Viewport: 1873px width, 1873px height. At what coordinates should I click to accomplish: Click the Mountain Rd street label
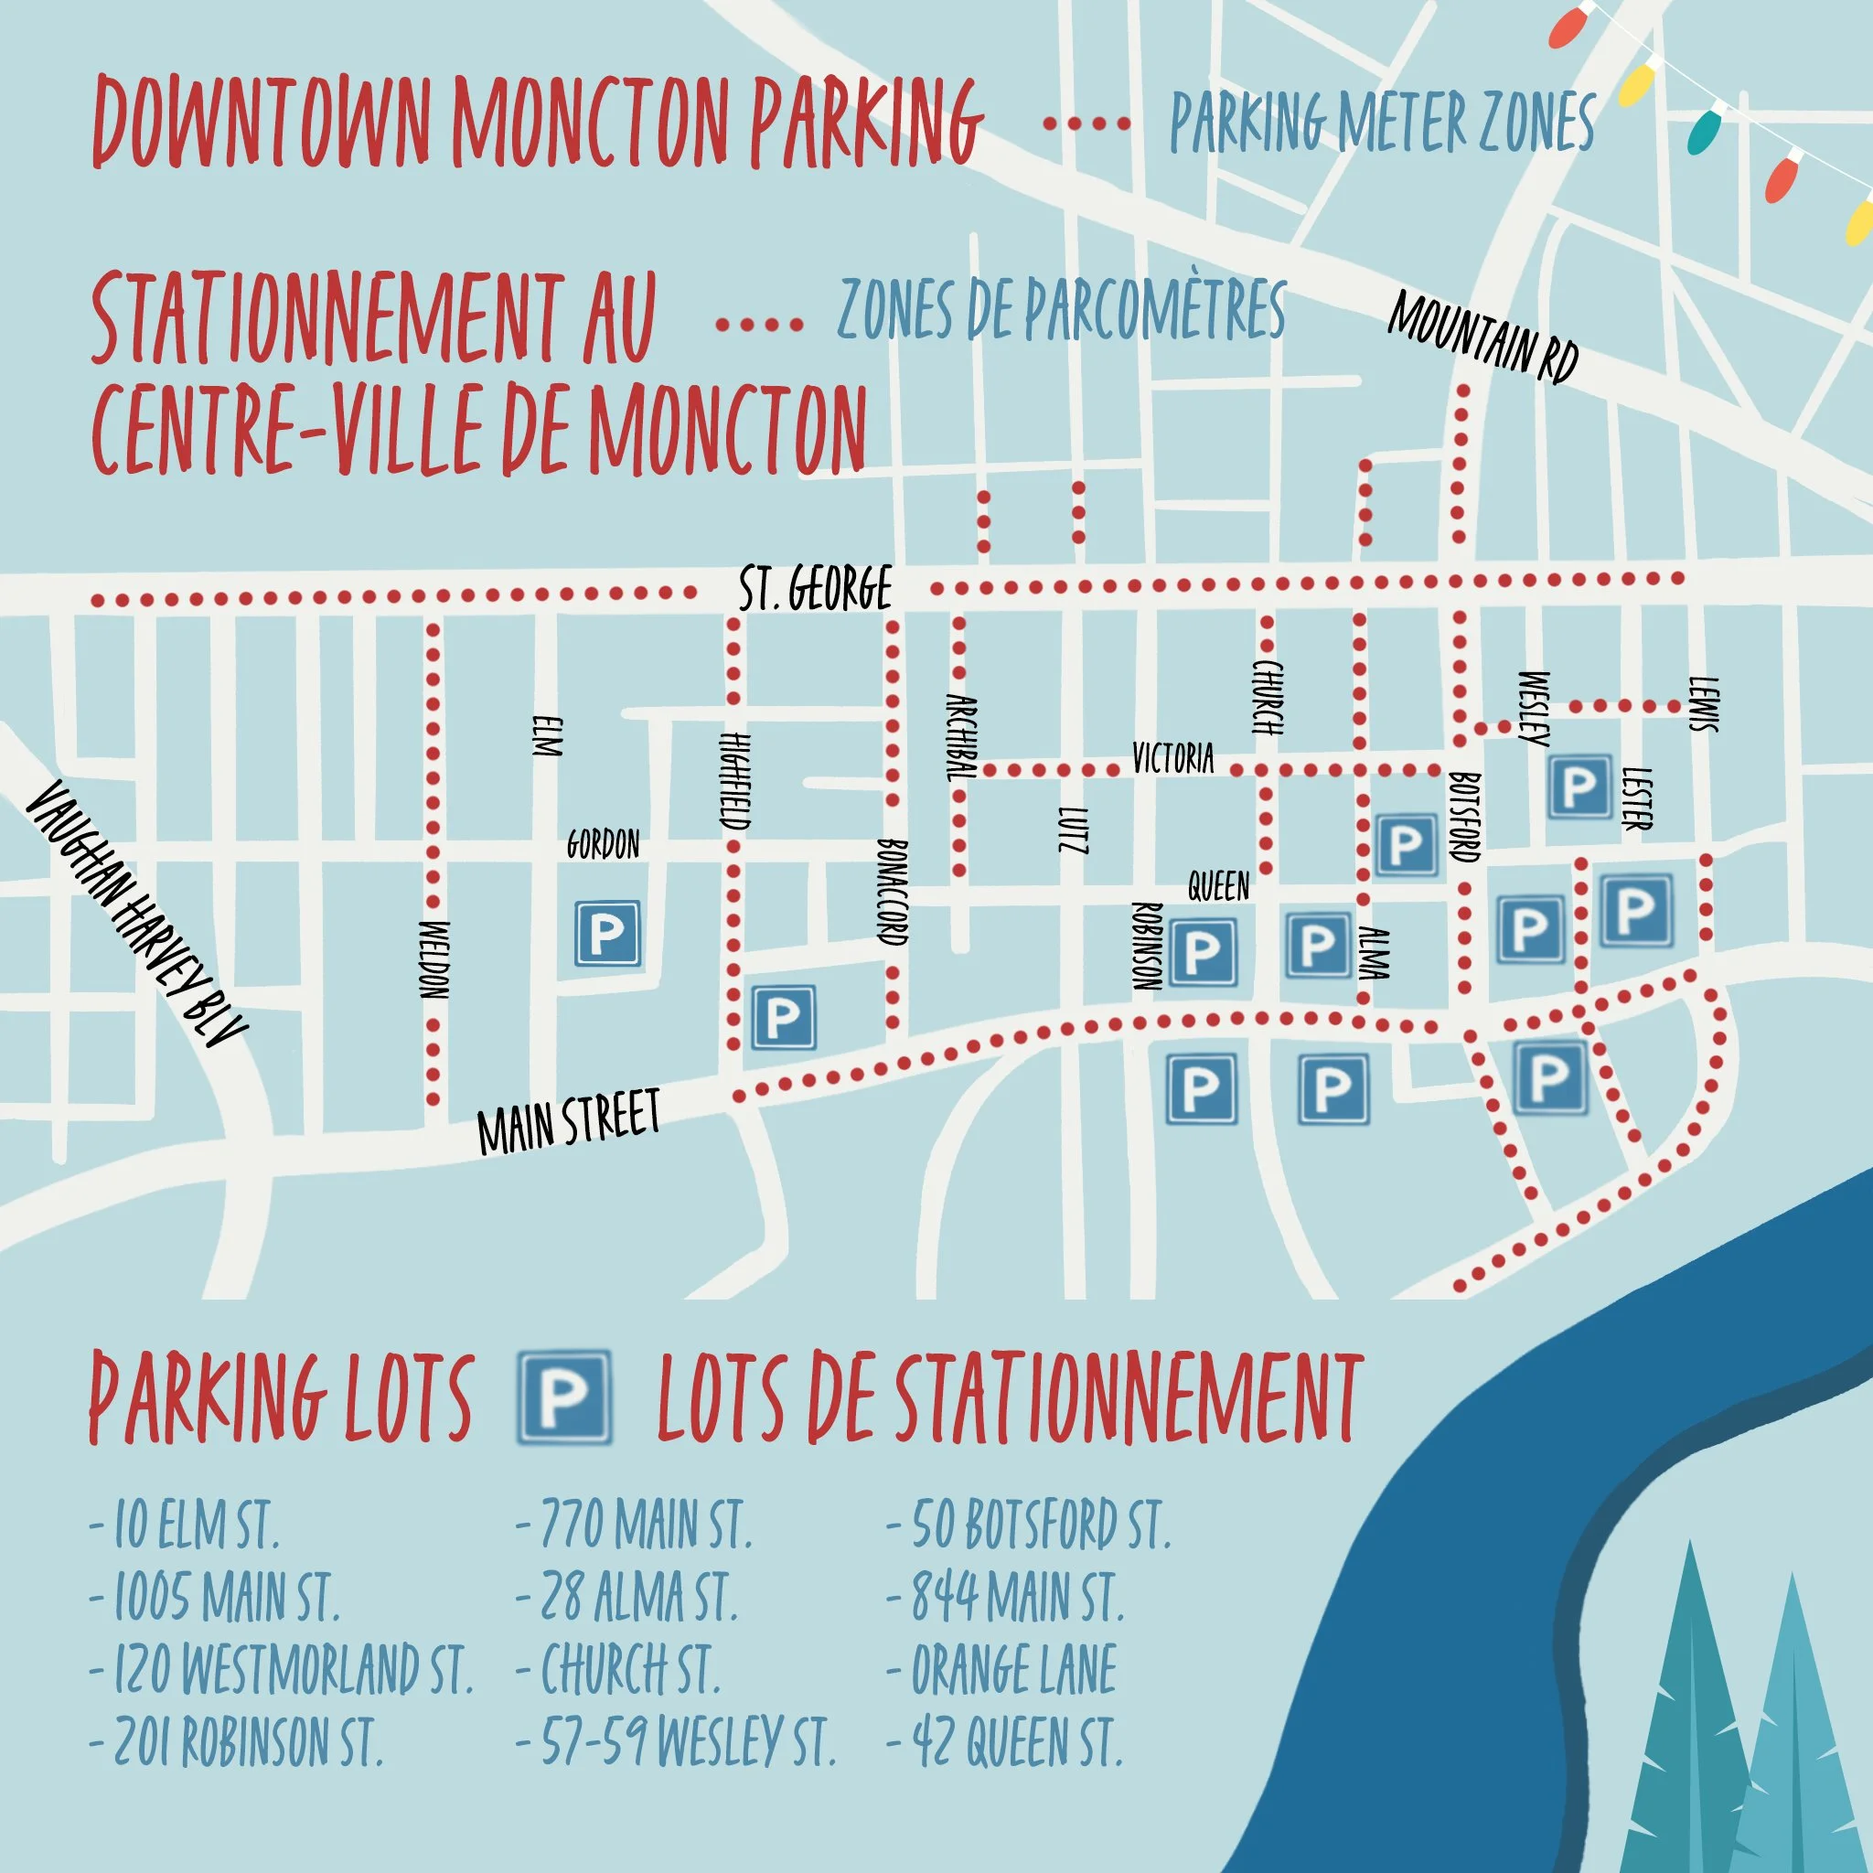1483,336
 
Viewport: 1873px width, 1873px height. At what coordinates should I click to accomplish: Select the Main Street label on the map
569,1119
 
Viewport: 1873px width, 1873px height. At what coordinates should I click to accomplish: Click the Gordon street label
603,844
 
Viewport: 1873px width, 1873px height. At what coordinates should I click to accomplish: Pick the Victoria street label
1173,757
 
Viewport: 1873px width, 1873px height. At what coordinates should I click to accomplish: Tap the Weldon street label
435,959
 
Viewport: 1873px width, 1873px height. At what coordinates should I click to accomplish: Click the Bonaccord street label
892,892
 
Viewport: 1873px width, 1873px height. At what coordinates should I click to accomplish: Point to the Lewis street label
1703,704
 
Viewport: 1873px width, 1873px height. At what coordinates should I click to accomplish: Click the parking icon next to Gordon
608,934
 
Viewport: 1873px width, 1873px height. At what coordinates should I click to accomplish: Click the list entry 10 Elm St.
184,1525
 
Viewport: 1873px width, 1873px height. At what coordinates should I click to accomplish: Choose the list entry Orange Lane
1003,1669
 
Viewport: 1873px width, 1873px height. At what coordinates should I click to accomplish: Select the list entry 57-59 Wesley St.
676,1741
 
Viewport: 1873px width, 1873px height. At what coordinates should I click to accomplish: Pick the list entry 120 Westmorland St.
281,1669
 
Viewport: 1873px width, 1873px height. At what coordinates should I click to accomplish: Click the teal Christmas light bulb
1706,131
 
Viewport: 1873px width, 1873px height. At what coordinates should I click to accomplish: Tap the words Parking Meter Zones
1383,123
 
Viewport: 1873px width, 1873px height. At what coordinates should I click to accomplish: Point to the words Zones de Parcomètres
1062,309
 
